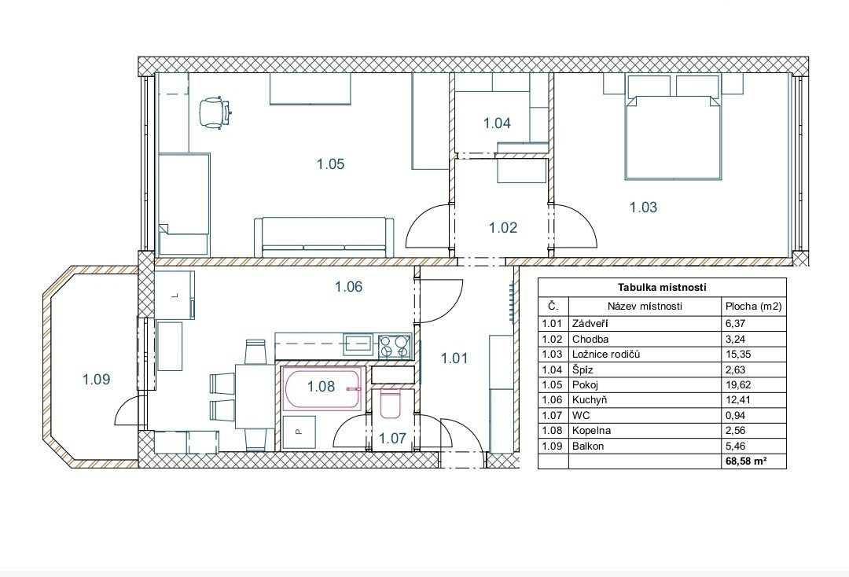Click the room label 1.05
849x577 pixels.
330,164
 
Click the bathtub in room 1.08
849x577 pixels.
322,388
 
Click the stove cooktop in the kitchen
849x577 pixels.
394,347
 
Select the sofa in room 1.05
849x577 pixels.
324,237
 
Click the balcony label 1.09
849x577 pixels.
97,380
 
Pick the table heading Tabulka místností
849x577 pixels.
662,288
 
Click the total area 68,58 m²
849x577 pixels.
745,461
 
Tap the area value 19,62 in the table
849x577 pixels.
737,385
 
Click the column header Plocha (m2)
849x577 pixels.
753,306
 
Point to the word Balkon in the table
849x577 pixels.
587,446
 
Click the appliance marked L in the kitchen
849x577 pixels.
175,296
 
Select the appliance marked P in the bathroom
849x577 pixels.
299,432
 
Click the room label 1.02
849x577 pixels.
503,227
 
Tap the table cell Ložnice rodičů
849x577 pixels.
606,355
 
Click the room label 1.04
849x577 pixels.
497,123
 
